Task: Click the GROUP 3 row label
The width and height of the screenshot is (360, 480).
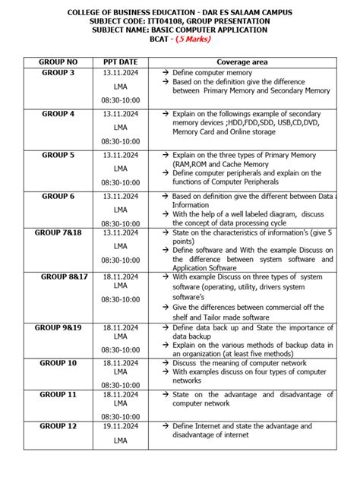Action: pyautogui.click(x=58, y=73)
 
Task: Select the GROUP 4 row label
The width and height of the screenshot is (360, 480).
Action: pyautogui.click(x=58, y=114)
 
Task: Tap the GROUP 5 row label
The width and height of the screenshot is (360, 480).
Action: pyautogui.click(x=58, y=155)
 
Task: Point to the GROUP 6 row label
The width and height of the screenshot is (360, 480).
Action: pyautogui.click(x=58, y=196)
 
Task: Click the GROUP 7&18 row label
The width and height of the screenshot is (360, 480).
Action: pyautogui.click(x=58, y=232)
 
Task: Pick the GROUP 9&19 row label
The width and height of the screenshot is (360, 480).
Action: pyautogui.click(x=58, y=327)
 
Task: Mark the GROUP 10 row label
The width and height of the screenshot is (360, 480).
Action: pyautogui.click(x=58, y=363)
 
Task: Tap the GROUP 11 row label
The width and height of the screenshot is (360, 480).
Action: pyautogui.click(x=58, y=395)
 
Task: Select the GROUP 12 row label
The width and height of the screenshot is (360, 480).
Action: pyautogui.click(x=58, y=427)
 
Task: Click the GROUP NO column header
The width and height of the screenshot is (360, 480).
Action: pyautogui.click(x=58, y=61)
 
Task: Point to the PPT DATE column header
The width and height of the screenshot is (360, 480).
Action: pyautogui.click(x=121, y=61)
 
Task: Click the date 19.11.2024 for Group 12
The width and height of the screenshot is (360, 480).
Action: pyautogui.click(x=121, y=427)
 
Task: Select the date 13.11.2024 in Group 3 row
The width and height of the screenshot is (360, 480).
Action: pyautogui.click(x=121, y=73)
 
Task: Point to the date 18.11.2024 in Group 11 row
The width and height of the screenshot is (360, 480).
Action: pyautogui.click(x=121, y=395)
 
